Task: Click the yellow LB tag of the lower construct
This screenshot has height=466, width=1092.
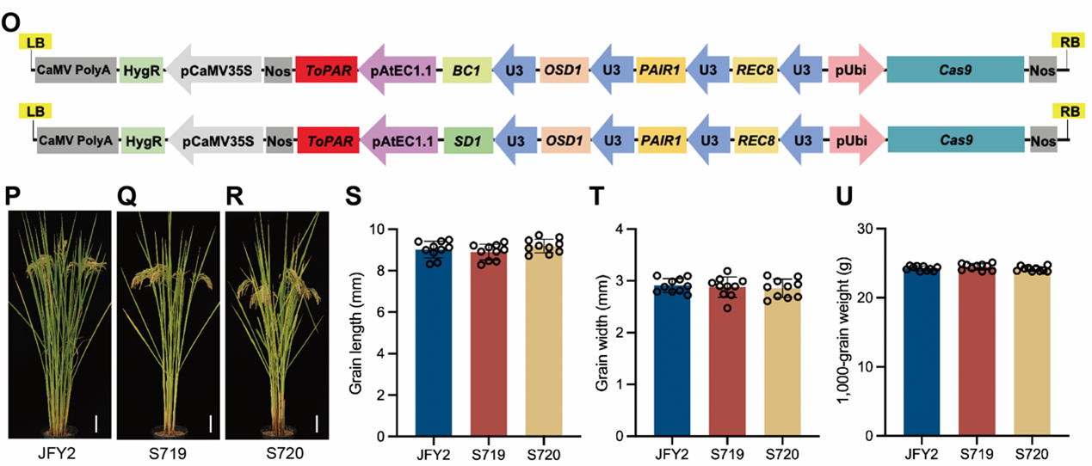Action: (35, 111)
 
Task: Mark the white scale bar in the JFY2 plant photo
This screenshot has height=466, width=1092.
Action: (97, 423)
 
